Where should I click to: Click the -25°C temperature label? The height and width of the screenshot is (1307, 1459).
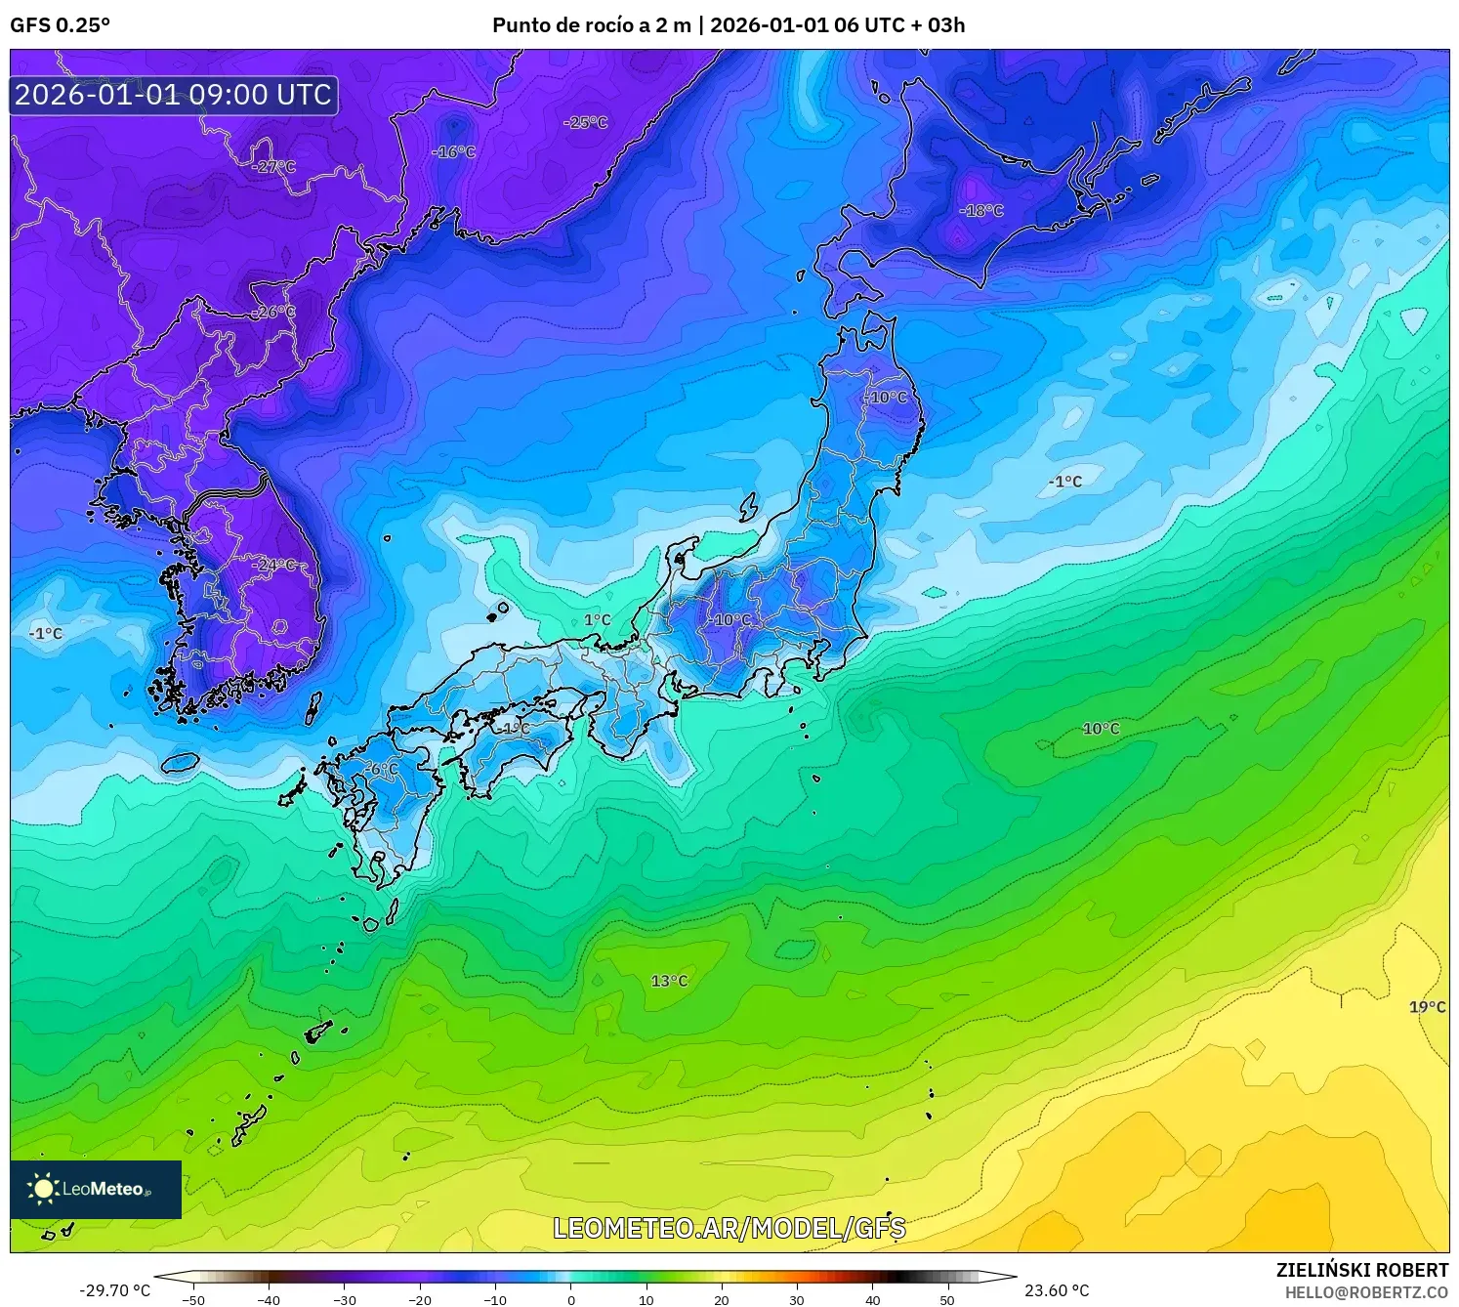point(586,122)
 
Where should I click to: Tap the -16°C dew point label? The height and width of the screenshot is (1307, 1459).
point(454,151)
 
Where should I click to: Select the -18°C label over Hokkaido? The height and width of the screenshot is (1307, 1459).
point(981,210)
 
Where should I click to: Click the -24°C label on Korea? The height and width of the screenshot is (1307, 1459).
point(274,565)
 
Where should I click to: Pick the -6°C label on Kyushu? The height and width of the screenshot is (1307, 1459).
point(381,769)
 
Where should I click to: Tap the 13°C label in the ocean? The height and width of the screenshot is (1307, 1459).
point(669,981)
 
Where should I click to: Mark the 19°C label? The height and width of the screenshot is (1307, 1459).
point(1427,1007)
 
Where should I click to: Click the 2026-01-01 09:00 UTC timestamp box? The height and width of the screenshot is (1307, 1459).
point(174,95)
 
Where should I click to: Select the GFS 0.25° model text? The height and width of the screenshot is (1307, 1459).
point(61,25)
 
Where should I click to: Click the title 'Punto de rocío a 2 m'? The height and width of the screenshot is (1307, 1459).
point(592,25)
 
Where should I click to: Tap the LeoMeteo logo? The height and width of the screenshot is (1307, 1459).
point(95,1189)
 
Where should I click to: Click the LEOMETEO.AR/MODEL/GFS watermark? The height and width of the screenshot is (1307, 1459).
point(729,1228)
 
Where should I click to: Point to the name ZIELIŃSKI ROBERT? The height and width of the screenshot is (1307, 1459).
point(1362,1270)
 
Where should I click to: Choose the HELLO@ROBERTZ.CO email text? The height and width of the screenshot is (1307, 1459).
point(1366,1291)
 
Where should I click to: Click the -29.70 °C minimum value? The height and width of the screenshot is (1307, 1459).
point(114,1290)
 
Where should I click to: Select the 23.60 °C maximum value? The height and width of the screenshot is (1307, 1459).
point(1057,1290)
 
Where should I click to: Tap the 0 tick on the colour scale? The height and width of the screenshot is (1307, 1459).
point(571,1300)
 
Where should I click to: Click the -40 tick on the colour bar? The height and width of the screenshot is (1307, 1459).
point(269,1300)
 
